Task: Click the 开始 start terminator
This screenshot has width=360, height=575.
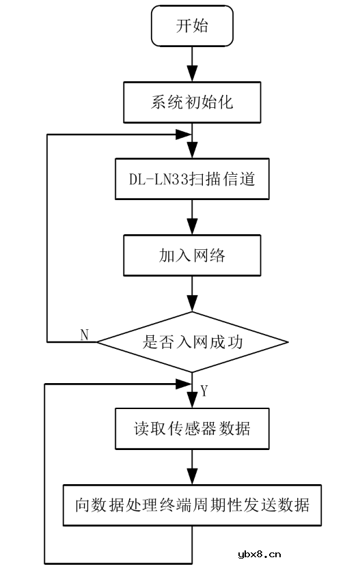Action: [x=192, y=27]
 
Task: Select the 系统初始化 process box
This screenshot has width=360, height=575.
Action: [x=192, y=102]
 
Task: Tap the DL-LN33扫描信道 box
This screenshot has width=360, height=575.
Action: [x=192, y=179]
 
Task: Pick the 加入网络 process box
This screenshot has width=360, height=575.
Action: [x=192, y=255]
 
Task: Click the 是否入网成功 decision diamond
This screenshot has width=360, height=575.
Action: [x=192, y=342]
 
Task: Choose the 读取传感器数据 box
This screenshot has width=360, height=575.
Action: [x=192, y=429]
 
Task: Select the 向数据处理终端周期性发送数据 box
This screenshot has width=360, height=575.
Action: [x=192, y=505]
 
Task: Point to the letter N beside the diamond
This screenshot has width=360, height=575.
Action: [x=85, y=334]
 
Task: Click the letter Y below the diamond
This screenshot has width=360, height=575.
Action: [x=204, y=391]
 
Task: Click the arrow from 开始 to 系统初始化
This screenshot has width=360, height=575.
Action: [x=192, y=65]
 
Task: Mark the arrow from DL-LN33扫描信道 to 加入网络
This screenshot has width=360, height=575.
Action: [x=192, y=217]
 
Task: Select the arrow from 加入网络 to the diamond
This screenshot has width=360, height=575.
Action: [x=192, y=294]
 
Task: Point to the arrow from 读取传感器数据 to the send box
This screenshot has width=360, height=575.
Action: [x=192, y=467]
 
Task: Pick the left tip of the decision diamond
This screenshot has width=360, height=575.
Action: [x=98, y=342]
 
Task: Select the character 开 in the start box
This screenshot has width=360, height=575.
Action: [x=183, y=27]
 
